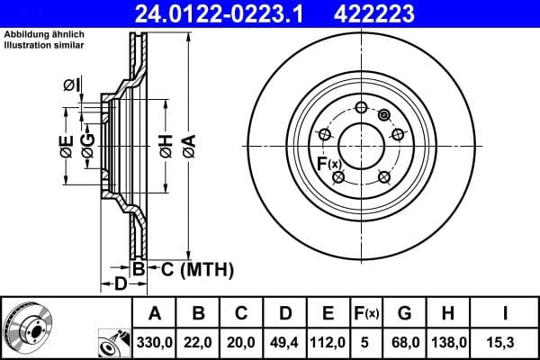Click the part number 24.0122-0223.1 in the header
(229, 12)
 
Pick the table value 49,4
(284, 343)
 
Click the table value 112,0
(328, 343)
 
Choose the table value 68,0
(405, 343)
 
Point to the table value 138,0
(447, 343)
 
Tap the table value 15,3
(504, 343)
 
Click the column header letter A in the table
(155, 314)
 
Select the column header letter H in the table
(447, 314)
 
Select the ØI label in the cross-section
(71, 85)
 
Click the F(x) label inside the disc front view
(328, 163)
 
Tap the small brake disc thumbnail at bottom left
(27, 328)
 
